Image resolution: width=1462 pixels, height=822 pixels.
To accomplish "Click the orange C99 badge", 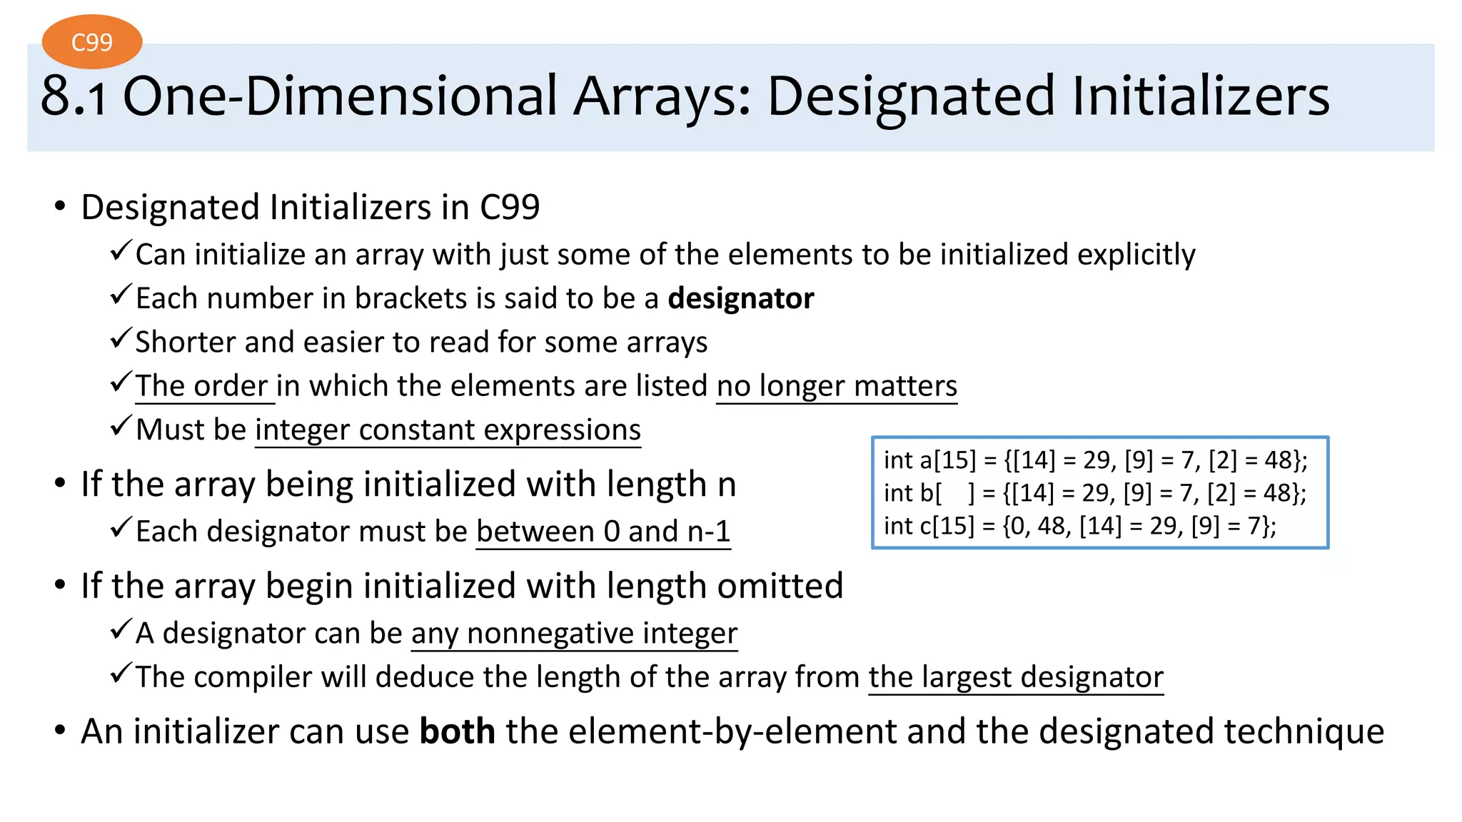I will [x=92, y=42].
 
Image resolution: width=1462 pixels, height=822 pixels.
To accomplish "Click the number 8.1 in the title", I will [x=74, y=96].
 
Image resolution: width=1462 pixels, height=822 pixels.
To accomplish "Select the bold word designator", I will [x=740, y=298].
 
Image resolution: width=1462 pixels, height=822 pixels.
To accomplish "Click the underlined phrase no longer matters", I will [x=837, y=386].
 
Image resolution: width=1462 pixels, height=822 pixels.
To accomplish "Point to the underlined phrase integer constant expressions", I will [x=448, y=430].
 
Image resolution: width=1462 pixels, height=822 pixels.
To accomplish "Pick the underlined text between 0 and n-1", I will [x=603, y=532].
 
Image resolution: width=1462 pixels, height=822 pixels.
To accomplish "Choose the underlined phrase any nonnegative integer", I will [x=574, y=633].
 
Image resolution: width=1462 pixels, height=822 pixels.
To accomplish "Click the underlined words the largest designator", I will [x=1016, y=677].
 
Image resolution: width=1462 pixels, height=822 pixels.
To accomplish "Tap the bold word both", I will [x=457, y=731].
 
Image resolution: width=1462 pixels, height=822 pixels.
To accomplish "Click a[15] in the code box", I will [x=947, y=460].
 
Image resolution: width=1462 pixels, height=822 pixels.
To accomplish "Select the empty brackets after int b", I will [x=955, y=493].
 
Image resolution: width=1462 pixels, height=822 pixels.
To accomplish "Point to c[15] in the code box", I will [x=947, y=526].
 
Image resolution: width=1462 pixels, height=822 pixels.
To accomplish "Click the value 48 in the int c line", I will [x=1052, y=526].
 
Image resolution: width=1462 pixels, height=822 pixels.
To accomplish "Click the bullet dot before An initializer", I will [x=60, y=731].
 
